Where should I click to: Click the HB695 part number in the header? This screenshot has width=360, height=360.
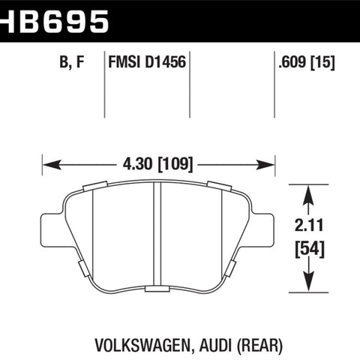54,22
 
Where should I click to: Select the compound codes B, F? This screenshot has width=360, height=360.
72,62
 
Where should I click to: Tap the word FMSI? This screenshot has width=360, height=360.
124,62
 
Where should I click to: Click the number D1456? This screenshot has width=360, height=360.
165,62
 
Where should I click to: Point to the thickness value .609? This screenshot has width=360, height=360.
292,62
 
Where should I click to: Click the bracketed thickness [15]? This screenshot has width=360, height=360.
322,62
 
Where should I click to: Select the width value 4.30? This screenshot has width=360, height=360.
137,164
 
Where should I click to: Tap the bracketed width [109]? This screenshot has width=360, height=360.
175,164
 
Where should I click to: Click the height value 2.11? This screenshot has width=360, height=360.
309,225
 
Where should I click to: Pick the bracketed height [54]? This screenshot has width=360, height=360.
310,249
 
